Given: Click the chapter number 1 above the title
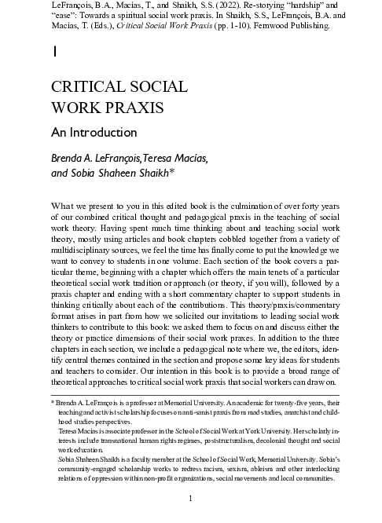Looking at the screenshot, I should [53, 53].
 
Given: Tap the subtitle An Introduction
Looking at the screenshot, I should [94, 132].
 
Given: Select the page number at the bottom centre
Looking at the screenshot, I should [191, 499].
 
